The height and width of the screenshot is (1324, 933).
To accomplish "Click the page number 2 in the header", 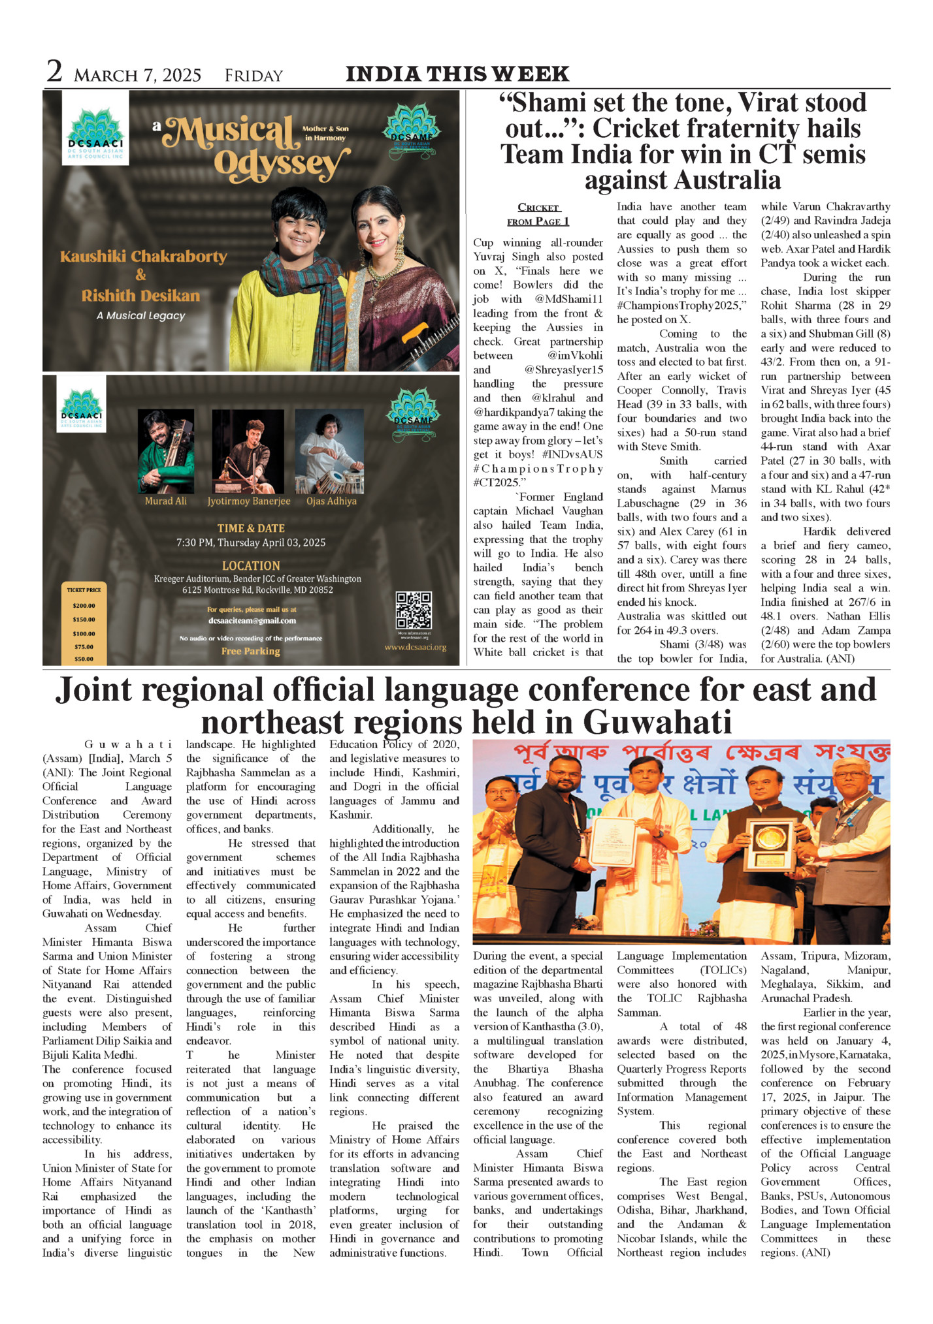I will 54,72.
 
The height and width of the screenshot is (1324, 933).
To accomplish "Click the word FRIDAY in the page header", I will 254,76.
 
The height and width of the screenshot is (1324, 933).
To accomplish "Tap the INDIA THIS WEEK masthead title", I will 457,74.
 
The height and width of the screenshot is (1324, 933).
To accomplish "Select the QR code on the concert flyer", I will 414,610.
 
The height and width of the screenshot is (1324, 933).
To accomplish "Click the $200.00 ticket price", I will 84,605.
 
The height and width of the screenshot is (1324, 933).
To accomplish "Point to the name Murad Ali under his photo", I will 166,501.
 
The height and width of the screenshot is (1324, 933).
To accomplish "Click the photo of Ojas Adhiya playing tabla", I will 329,451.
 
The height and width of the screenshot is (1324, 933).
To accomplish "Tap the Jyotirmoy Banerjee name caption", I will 248,501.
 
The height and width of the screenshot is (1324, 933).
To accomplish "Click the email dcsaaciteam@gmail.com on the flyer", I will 252,621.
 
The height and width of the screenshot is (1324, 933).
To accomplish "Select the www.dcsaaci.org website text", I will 415,647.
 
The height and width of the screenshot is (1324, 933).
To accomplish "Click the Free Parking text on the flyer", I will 250,651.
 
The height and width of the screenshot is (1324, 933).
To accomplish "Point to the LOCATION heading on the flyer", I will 251,566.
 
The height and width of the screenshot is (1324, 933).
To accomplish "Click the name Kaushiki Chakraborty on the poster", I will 143,257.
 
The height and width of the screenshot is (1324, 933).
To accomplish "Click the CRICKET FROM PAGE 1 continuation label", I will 538,214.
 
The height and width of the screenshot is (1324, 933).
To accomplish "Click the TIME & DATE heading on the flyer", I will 251,528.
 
